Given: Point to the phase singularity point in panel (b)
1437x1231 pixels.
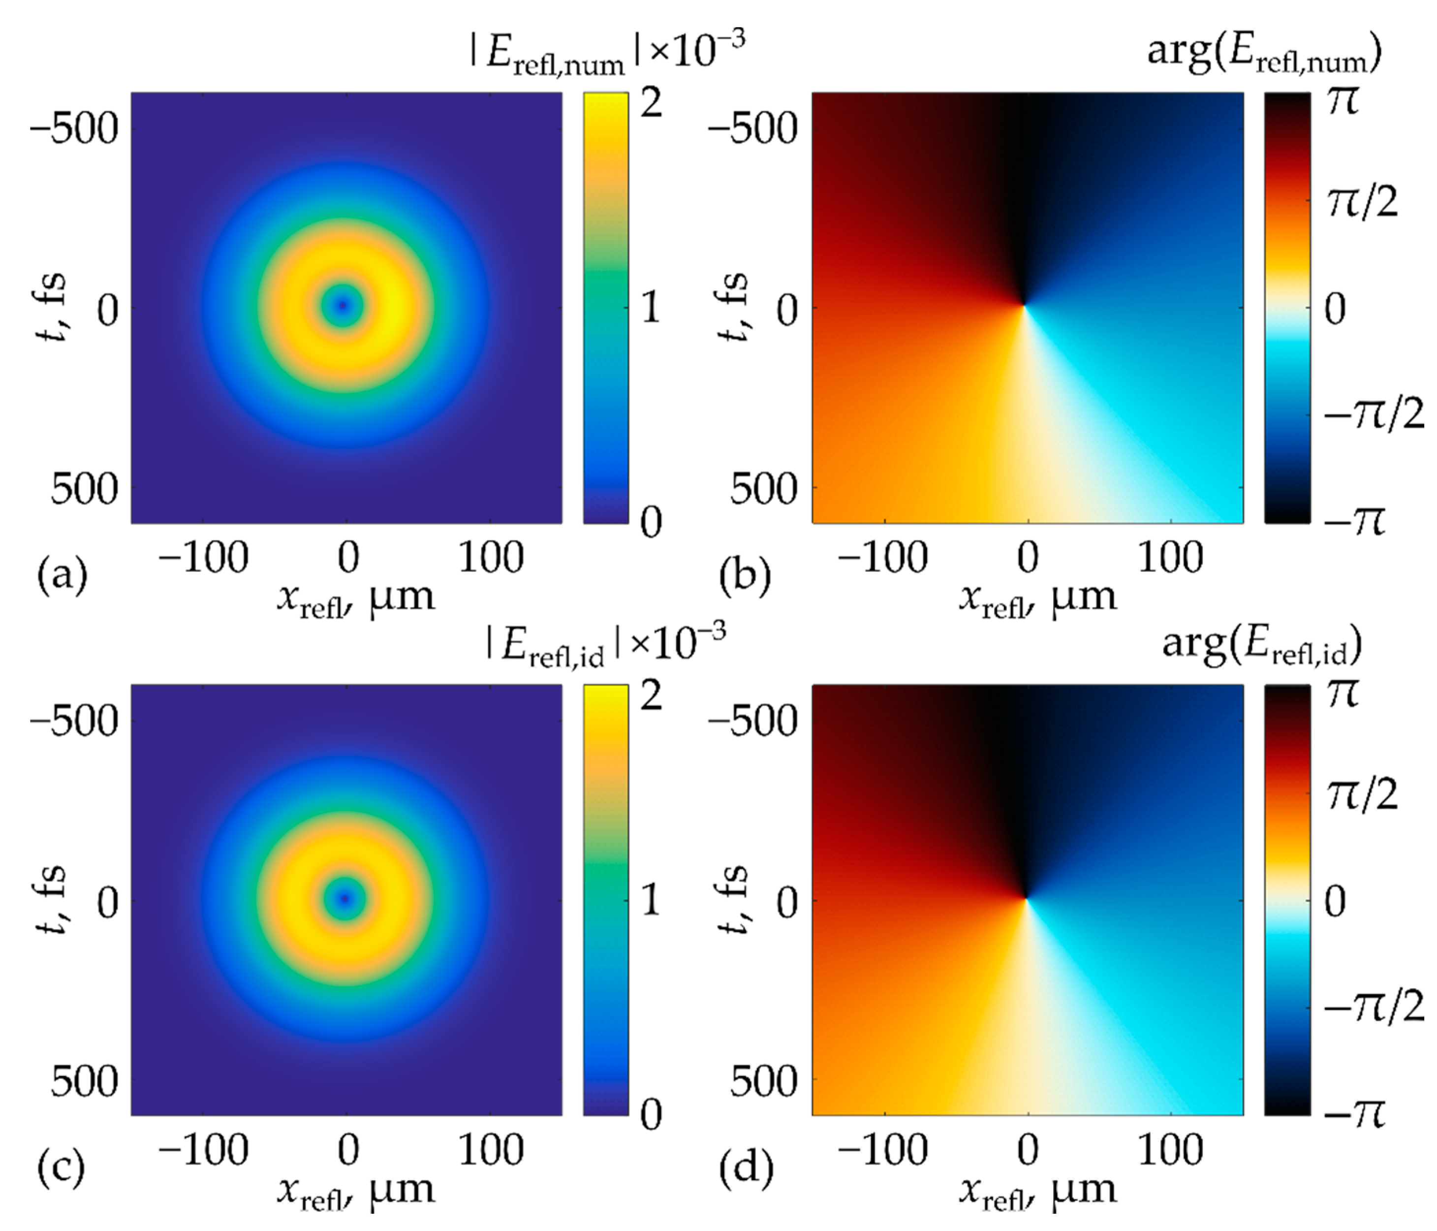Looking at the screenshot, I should coord(1024,305).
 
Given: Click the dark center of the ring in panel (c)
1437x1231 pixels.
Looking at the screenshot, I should coord(344,898).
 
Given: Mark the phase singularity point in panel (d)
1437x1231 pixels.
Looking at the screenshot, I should coord(1027,898).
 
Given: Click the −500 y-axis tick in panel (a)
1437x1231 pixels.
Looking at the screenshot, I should coord(75,128).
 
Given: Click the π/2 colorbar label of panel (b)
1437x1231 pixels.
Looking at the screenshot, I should coord(1361,202).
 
